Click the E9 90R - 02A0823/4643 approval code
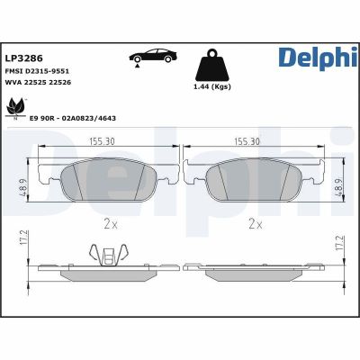tap(75, 118)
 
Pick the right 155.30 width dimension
tap(247, 142)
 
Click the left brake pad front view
tap(110, 183)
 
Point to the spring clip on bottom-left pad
tap(110, 256)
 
